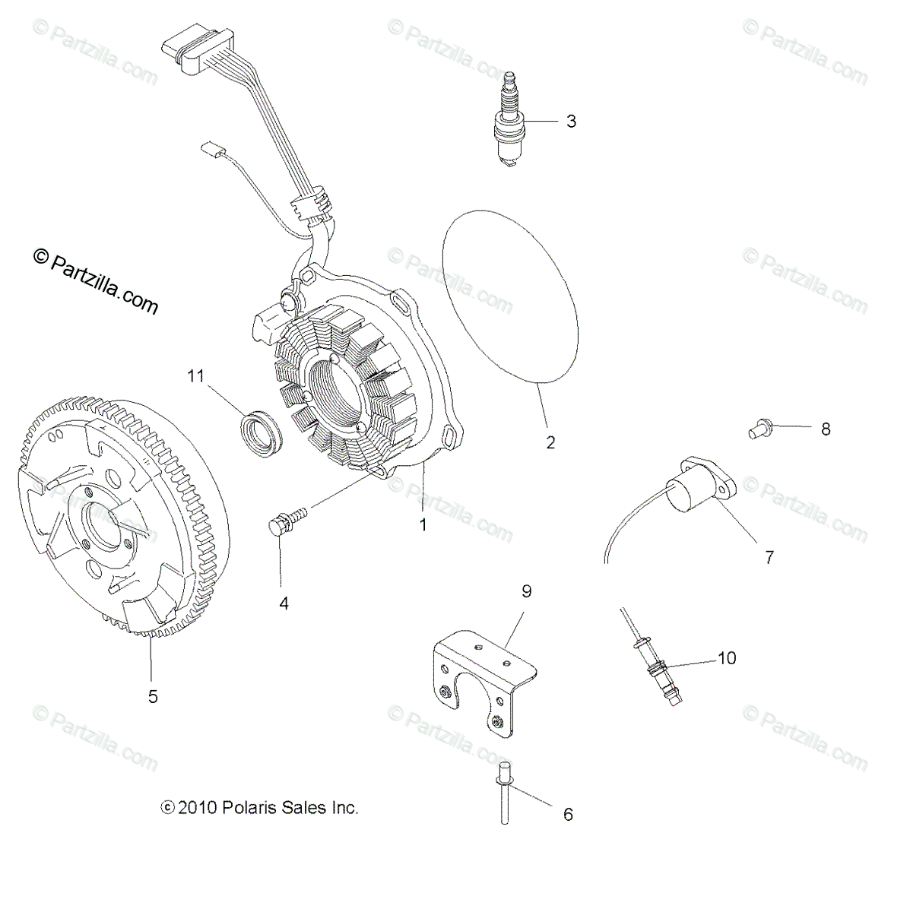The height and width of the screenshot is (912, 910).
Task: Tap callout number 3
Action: (571, 121)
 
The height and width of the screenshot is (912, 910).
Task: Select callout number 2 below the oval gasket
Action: (550, 442)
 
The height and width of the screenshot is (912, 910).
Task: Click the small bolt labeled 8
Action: (756, 428)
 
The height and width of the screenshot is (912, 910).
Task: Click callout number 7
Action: (769, 557)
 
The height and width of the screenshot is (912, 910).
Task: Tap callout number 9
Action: (526, 591)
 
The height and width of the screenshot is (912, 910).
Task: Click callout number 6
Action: (567, 815)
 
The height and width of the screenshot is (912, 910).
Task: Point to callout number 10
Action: (727, 657)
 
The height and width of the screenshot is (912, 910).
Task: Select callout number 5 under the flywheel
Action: (153, 696)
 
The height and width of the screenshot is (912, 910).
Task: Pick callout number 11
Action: (196, 375)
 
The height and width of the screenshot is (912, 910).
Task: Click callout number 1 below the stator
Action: (423, 524)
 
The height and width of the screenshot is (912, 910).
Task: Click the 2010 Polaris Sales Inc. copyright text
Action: (259, 808)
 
